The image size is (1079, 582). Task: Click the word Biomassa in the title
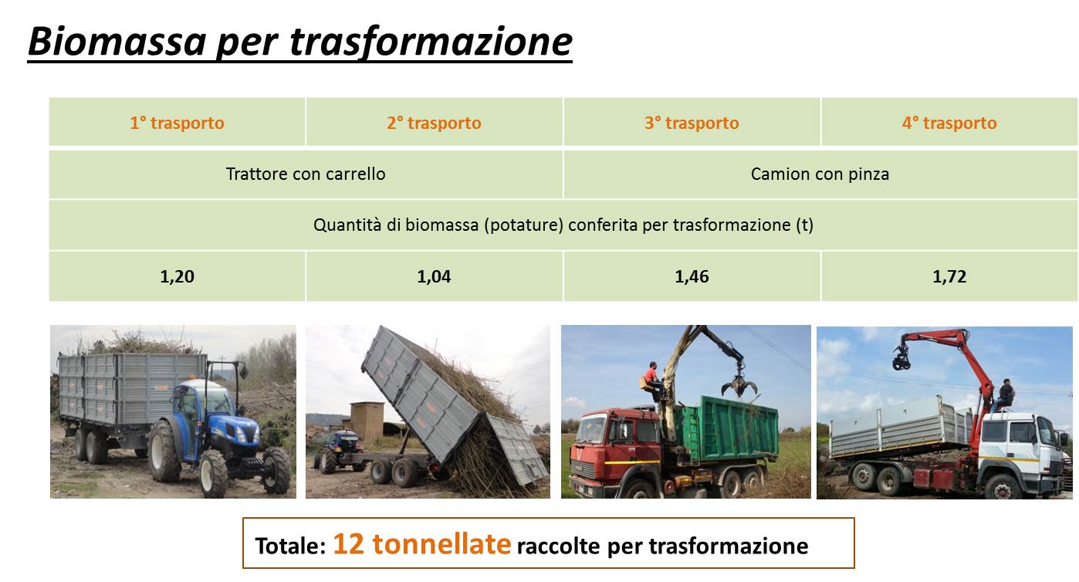tap(117, 42)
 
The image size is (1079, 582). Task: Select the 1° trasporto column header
tap(178, 123)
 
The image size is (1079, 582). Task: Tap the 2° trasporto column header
tap(434, 123)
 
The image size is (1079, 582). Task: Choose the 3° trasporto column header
tap(692, 123)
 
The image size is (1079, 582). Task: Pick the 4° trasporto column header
tap(949, 123)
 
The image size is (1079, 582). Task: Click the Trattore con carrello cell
tap(306, 174)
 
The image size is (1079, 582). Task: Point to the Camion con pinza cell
tap(820, 174)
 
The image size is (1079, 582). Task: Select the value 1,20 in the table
tap(178, 276)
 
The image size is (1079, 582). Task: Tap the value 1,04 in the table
tap(434, 276)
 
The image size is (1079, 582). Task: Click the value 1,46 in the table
tap(692, 276)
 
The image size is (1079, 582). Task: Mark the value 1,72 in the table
tap(949, 276)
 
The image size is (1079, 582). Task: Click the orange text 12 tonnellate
tap(421, 544)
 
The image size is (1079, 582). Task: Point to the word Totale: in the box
tap(290, 546)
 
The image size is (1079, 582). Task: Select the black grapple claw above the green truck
tap(739, 384)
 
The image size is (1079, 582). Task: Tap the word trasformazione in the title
tap(431, 42)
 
